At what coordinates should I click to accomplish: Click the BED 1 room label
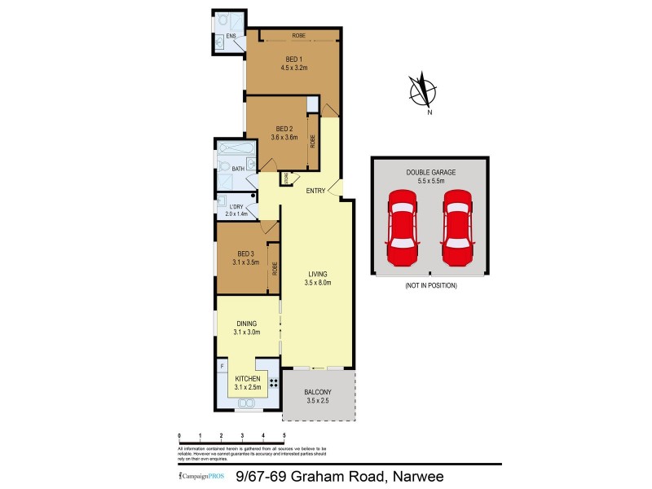coord(293,58)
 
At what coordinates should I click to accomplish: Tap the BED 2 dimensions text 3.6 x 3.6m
coord(284,138)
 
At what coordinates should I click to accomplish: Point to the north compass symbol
coord(423,90)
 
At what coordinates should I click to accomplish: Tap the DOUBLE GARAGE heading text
coord(431,173)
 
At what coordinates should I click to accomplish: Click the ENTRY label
coord(315,192)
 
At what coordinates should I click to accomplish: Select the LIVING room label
coord(319,274)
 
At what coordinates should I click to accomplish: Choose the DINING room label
coord(246,323)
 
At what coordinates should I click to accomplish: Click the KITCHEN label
coord(247,380)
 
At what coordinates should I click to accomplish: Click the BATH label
coord(237,169)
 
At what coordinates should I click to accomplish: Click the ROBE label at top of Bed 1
coord(299,35)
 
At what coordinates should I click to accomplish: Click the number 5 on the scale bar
coord(284,438)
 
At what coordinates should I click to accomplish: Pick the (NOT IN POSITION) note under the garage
coord(430,286)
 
